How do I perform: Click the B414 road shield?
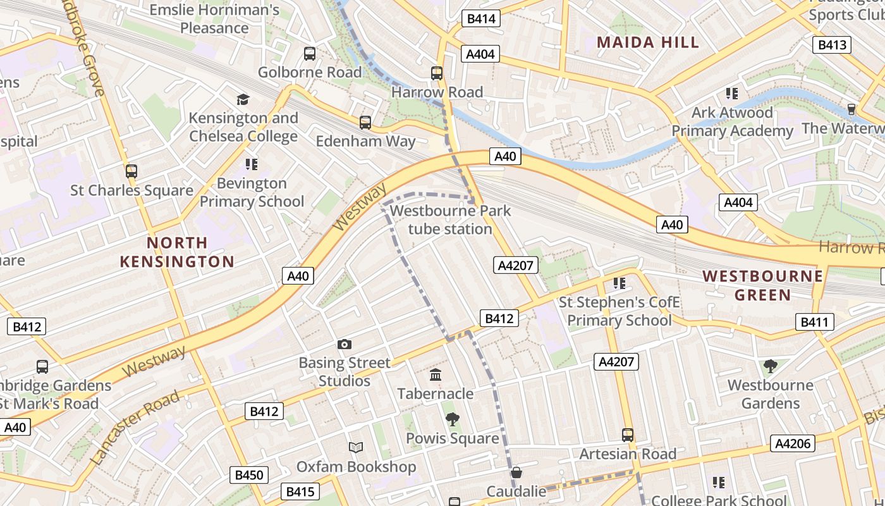click(x=481, y=19)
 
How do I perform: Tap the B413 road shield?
click(x=832, y=45)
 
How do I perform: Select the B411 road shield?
click(x=814, y=322)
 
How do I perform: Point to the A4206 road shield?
click(x=793, y=443)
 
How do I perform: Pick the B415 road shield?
click(x=300, y=491)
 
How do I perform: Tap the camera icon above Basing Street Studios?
click(x=345, y=344)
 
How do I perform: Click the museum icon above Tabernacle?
click(x=436, y=375)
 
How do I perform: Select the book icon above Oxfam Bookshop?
click(x=356, y=448)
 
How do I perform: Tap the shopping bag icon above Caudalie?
click(x=516, y=472)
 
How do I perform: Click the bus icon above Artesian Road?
click(x=628, y=435)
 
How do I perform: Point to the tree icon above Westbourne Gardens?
click(x=770, y=366)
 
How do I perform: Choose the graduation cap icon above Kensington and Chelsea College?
click(x=243, y=99)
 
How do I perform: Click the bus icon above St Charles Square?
click(x=131, y=171)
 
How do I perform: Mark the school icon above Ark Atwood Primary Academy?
click(x=732, y=94)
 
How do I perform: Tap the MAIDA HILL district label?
click(x=648, y=42)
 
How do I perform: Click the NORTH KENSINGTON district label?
click(x=177, y=252)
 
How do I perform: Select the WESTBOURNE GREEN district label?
click(x=763, y=285)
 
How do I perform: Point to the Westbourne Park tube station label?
click(x=450, y=219)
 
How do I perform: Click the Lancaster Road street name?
click(x=135, y=428)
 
